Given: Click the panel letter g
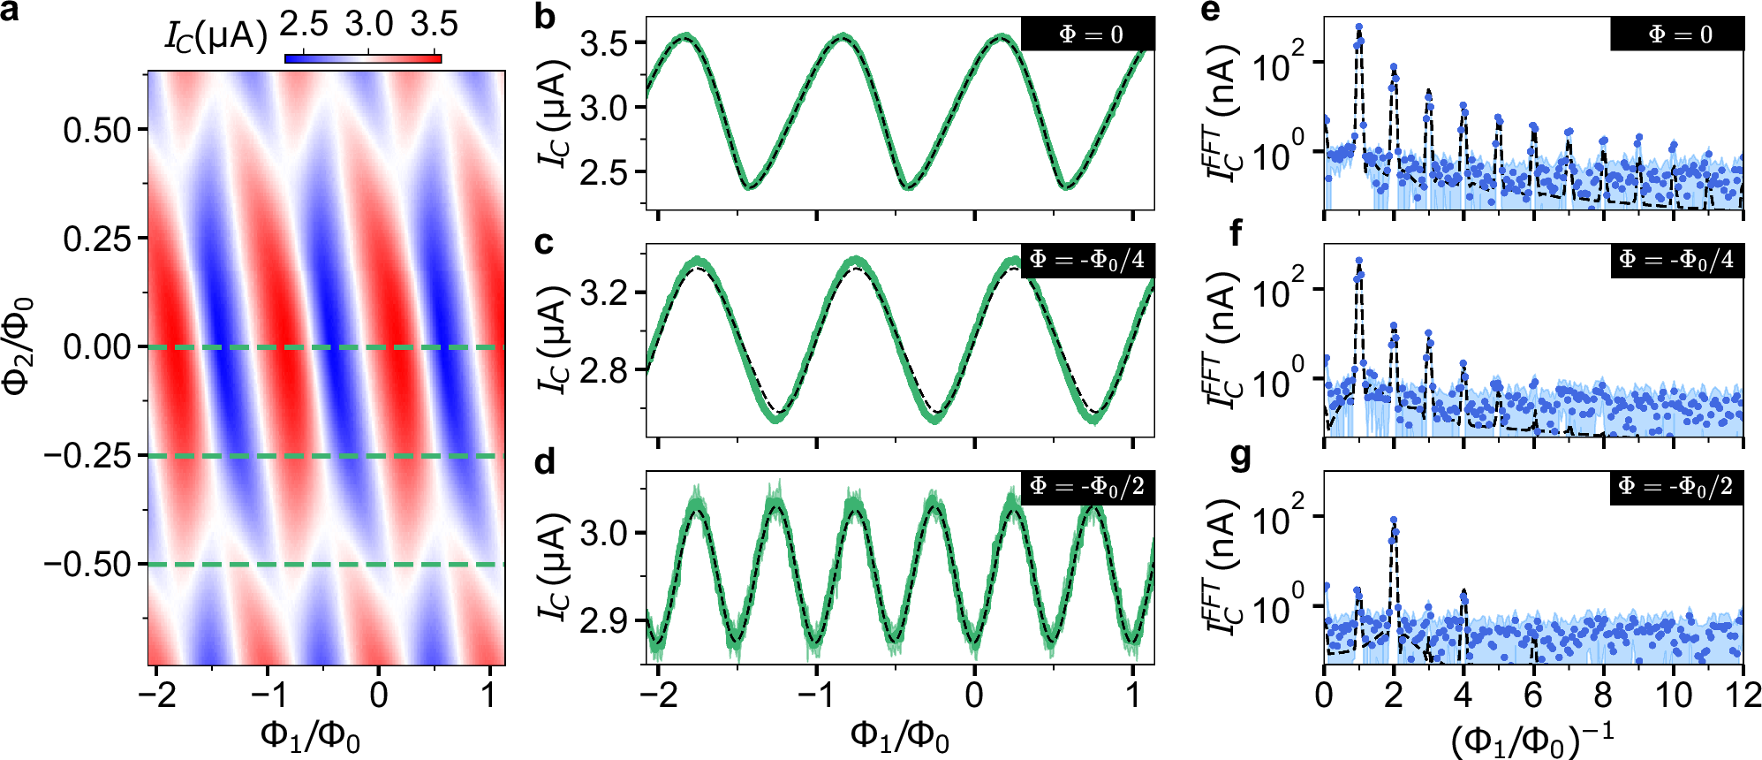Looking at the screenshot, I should pos(1241,459).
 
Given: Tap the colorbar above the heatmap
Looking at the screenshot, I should pos(363,59).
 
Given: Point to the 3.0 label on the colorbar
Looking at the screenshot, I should pos(368,25).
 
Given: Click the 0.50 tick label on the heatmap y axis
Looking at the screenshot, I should pos(97,130).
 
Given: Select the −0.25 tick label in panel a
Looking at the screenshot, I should pos(87,456).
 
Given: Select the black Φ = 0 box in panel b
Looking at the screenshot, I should pos(1087,34).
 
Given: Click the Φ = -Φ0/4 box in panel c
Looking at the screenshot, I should pos(1087,261).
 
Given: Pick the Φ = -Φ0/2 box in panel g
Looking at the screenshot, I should pos(1676,487).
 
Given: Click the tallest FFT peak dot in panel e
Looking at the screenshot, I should pos(1358,27).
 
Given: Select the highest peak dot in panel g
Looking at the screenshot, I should pos(1394,521).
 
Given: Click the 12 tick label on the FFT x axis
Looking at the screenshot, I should pos(1743,695).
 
